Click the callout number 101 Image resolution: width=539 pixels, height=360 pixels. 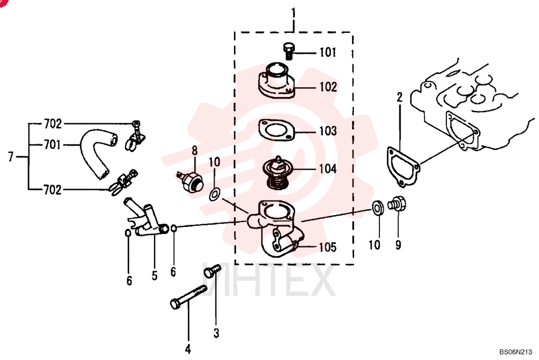click(x=328, y=52)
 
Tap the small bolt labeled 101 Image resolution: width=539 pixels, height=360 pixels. click(x=288, y=51)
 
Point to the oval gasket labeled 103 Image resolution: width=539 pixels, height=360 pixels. click(x=277, y=130)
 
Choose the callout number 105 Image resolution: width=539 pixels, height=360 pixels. click(x=328, y=247)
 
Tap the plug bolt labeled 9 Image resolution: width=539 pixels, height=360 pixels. click(x=397, y=203)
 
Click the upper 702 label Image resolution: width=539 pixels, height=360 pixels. click(x=53, y=124)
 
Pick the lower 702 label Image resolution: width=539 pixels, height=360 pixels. click(x=53, y=190)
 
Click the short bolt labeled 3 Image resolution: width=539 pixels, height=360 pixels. click(x=212, y=271)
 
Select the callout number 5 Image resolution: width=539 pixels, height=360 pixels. click(x=155, y=275)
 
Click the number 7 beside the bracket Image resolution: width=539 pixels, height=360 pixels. click(x=11, y=157)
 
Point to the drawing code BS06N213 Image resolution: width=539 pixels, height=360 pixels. click(x=516, y=352)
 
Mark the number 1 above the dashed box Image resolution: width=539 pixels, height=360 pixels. click(x=293, y=14)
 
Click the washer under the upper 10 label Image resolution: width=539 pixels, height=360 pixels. click(x=215, y=194)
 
